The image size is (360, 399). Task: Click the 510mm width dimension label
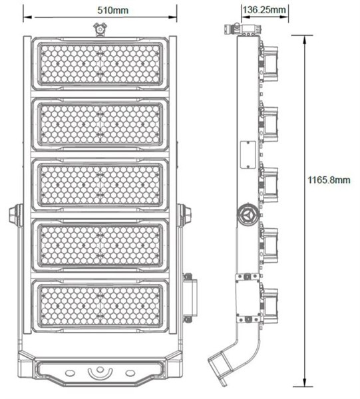pos(112,11)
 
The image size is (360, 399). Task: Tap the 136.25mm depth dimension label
pos(264,10)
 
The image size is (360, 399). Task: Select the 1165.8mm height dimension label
pos(329,180)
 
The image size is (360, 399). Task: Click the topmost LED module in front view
pos(100,64)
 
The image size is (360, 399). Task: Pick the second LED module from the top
pos(100,125)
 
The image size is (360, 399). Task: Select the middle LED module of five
pos(100,185)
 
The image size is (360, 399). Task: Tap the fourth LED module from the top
pos(100,245)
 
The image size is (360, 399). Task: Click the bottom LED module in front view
pos(100,306)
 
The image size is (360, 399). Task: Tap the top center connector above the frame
pos(100,29)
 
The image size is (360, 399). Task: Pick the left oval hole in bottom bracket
pos(70,373)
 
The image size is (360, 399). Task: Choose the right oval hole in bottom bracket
pos(130,373)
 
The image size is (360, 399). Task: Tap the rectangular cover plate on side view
pos(248,155)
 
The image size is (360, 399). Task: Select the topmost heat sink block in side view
pos(270,63)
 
